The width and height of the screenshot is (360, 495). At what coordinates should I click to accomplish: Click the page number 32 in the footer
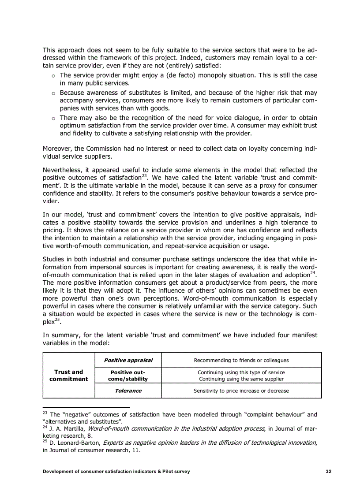click(x=328, y=471)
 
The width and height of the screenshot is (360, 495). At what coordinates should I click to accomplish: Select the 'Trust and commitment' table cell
click(x=68, y=375)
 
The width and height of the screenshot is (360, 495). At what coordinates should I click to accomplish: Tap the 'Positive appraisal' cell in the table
click(x=128, y=360)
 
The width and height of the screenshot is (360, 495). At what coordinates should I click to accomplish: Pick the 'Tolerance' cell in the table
click(x=128, y=391)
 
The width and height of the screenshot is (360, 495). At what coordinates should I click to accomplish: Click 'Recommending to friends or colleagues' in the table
click(x=241, y=360)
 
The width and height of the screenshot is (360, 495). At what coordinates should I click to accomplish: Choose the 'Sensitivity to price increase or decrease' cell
click(x=241, y=391)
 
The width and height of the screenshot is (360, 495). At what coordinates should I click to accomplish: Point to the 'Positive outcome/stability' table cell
click(x=128, y=375)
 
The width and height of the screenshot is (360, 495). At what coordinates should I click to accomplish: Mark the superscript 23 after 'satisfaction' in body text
click(x=144, y=175)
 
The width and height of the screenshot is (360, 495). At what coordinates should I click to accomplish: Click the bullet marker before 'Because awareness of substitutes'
click(x=52, y=93)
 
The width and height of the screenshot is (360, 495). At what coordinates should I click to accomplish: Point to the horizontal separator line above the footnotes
click(x=86, y=407)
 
